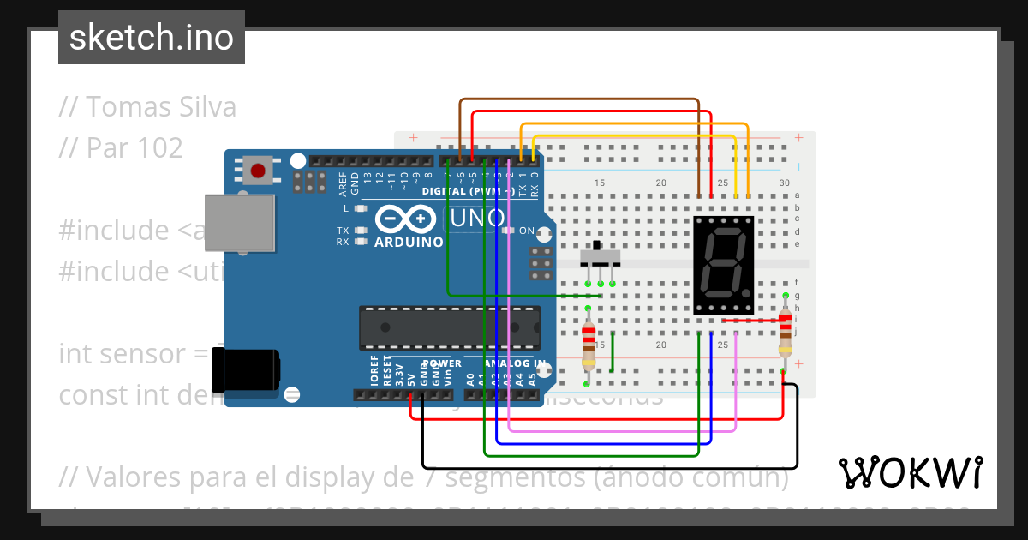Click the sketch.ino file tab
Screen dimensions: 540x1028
(x=152, y=38)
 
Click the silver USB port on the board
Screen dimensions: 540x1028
(x=240, y=223)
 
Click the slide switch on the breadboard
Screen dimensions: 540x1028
(x=601, y=257)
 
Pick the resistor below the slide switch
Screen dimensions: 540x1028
(x=589, y=343)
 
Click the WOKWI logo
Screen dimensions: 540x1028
(x=910, y=472)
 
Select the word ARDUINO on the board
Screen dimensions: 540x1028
(x=409, y=243)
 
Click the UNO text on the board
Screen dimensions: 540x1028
(x=478, y=219)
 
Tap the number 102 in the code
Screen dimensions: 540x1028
(x=156, y=148)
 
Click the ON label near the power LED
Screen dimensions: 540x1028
(x=527, y=231)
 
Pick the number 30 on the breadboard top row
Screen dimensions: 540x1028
(x=784, y=183)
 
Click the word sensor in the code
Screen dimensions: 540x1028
(x=154, y=353)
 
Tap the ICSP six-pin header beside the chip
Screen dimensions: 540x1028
(x=540, y=263)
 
